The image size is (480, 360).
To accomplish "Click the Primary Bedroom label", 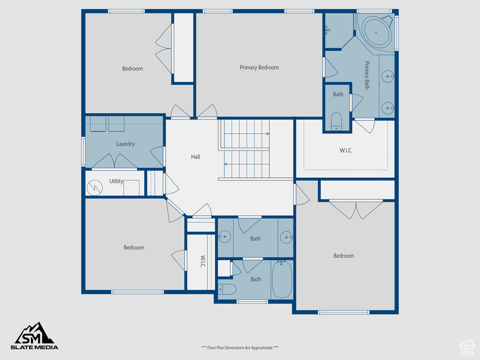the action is tap(259, 67).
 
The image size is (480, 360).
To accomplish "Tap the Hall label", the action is tap(195, 157).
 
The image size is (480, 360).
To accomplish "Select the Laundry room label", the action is tap(125, 144).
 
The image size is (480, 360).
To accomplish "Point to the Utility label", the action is tap(116, 181).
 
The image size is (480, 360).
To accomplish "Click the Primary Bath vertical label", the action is tap(367, 75).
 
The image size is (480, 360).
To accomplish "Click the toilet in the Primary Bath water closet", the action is tap(336, 121).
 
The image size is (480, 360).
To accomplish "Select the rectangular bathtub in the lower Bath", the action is tap(282, 279).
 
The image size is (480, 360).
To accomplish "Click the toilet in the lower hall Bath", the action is tap(227, 289).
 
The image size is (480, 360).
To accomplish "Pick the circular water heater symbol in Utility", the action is tap(95, 187).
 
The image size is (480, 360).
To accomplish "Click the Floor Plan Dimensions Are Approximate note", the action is tap(240, 347).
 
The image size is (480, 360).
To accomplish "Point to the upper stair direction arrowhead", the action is tap(268, 134).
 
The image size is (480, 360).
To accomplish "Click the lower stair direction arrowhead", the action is tap(226, 165).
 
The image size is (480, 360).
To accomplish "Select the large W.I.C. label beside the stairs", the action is tap(346, 150).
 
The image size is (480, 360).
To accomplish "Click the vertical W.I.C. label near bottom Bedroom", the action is tap(202, 262).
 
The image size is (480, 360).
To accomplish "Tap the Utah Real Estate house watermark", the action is tap(467, 348).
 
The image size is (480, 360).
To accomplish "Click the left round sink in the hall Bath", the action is tap(225, 237).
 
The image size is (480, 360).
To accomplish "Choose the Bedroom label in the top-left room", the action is tap(132, 68).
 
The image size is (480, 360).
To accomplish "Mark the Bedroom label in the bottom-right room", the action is tap(344, 255).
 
